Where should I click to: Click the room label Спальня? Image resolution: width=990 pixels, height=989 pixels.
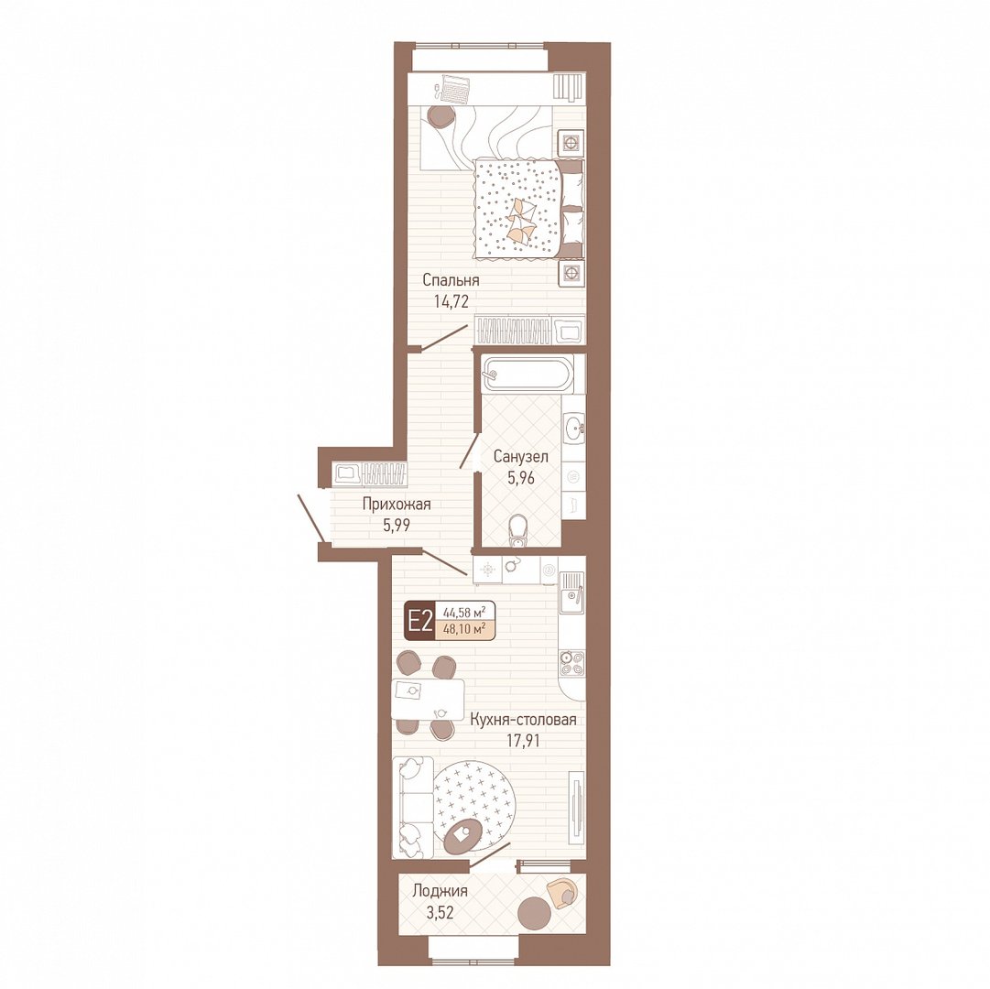pyautogui.click(x=451, y=280)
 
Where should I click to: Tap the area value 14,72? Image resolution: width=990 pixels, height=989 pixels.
pyautogui.click(x=451, y=301)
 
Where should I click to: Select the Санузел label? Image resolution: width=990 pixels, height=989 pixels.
pyautogui.click(x=521, y=456)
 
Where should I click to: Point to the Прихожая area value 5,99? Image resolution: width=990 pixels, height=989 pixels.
pyautogui.click(x=396, y=525)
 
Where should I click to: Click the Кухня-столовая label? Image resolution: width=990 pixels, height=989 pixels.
pyautogui.click(x=523, y=720)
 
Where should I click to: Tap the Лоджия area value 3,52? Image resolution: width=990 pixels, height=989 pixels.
pyautogui.click(x=441, y=912)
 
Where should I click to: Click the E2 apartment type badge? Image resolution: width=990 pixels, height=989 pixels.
pyautogui.click(x=419, y=623)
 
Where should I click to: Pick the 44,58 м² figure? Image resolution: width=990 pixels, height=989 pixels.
pyautogui.click(x=464, y=613)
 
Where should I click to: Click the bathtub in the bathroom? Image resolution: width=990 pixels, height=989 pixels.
pyautogui.click(x=528, y=375)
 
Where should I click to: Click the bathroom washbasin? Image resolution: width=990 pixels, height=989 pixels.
pyautogui.click(x=574, y=427)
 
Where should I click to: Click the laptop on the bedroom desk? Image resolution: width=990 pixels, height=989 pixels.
pyautogui.click(x=454, y=88)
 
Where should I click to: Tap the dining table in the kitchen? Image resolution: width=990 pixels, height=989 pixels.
pyautogui.click(x=428, y=699)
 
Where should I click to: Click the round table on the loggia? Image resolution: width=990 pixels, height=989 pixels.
pyautogui.click(x=535, y=911)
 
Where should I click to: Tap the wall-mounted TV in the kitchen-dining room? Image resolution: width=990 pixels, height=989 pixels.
pyautogui.click(x=575, y=808)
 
